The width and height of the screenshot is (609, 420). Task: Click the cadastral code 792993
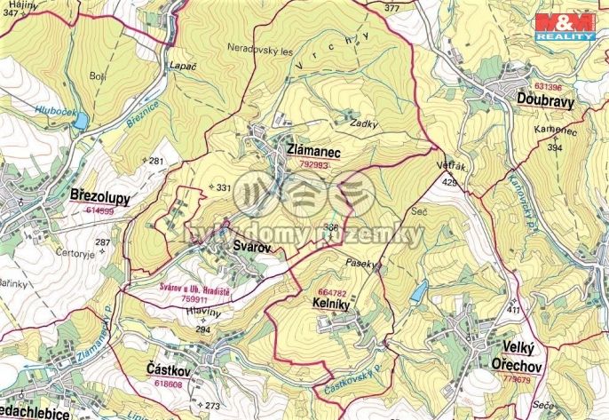tap(315, 165)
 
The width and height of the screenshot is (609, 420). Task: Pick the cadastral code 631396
tap(549, 87)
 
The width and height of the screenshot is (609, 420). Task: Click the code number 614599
tap(100, 210)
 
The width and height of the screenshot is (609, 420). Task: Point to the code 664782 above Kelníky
tap(330, 291)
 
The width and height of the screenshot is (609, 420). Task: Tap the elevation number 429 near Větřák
tap(449, 182)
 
